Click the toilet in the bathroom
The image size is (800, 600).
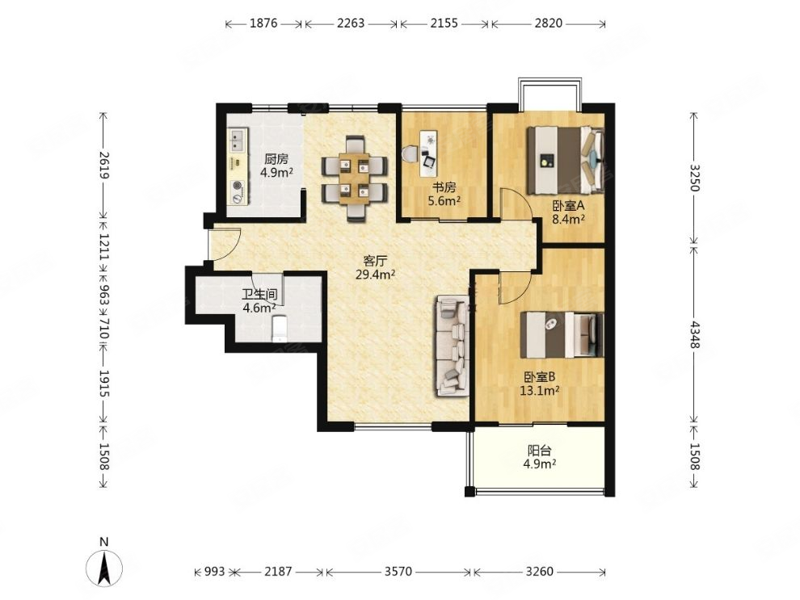pos(280,329)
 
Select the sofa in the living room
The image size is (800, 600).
pos(452,346)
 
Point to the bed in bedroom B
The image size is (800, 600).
pos(562,335)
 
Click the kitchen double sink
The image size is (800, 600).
pos(238,141)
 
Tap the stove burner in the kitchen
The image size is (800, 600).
pos(238,187)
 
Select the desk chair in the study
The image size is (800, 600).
pos(410,154)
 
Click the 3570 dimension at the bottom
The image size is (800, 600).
pos(398,572)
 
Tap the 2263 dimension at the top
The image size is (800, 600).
pos(351,23)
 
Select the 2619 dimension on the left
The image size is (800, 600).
pos(104,166)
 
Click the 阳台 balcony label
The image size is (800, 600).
pos(539,451)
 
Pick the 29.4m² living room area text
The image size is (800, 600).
pos(375,275)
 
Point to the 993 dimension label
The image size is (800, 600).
pos(215,572)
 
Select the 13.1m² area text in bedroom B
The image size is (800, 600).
pos(539,391)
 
